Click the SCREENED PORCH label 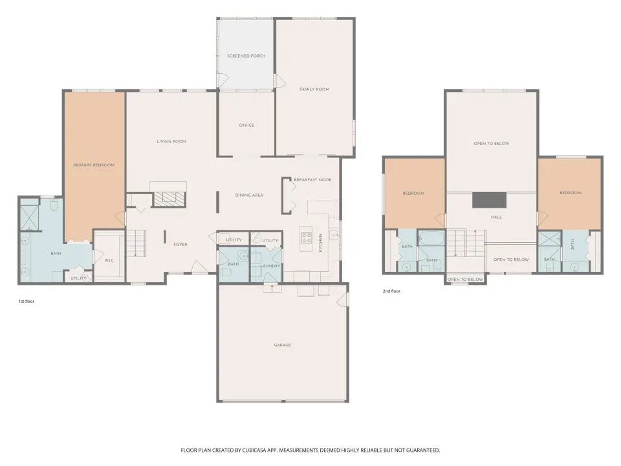tap(246, 56)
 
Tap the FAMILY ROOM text tap(314, 89)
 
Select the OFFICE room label tap(246, 125)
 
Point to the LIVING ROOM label tap(171, 142)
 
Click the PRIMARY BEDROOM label tap(94, 165)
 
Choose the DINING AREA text tap(249, 195)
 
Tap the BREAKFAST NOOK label tap(313, 180)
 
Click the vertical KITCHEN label tap(320, 243)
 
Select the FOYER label tap(180, 245)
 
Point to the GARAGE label tap(283, 345)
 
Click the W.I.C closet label tap(109, 260)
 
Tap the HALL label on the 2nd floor tap(496, 217)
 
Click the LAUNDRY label tap(270, 266)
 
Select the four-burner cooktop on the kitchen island tap(306, 238)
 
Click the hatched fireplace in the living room tap(169, 199)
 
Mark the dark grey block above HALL tap(489, 200)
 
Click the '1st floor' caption tap(27, 302)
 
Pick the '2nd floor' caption tap(391, 291)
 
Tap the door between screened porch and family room tap(280, 81)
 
